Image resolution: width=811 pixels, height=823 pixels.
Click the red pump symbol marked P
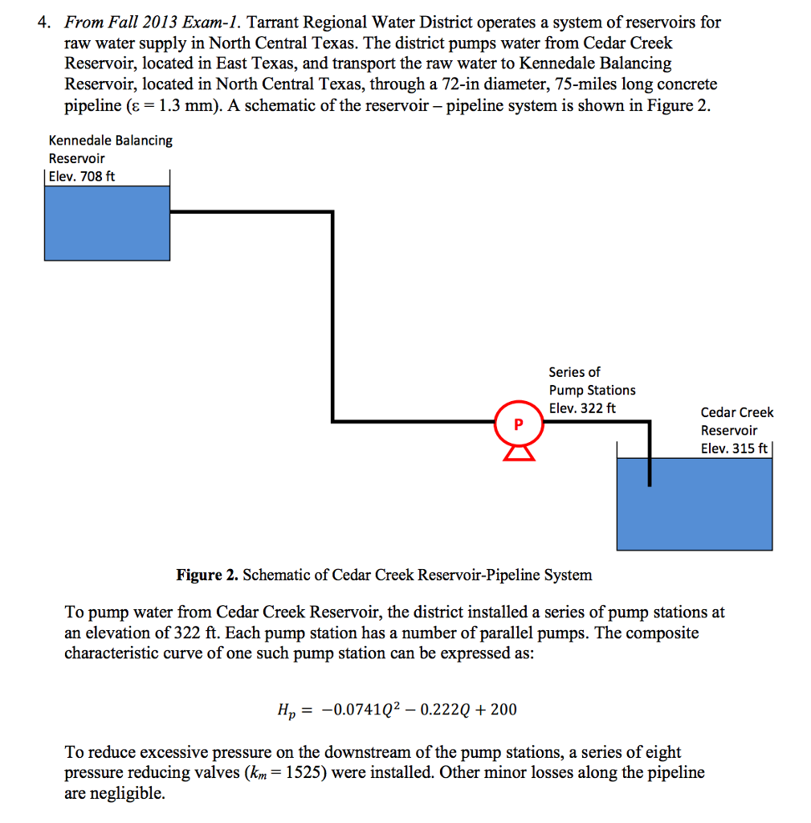[x=518, y=424]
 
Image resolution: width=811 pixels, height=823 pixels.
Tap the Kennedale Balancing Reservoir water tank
[x=107, y=223]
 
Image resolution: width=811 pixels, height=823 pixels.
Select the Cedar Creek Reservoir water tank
[x=695, y=505]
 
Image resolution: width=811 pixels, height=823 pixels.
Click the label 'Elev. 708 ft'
[x=82, y=176]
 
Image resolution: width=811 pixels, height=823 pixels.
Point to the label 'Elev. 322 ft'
[x=582, y=408]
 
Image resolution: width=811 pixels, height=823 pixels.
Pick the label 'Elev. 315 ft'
[x=734, y=448]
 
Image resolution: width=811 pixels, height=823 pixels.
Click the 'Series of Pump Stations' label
[x=591, y=381]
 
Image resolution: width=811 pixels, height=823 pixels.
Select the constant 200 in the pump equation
[x=503, y=709]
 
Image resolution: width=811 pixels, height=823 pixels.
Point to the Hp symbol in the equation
[x=285, y=710]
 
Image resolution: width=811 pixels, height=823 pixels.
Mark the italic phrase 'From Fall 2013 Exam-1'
[x=148, y=23]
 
